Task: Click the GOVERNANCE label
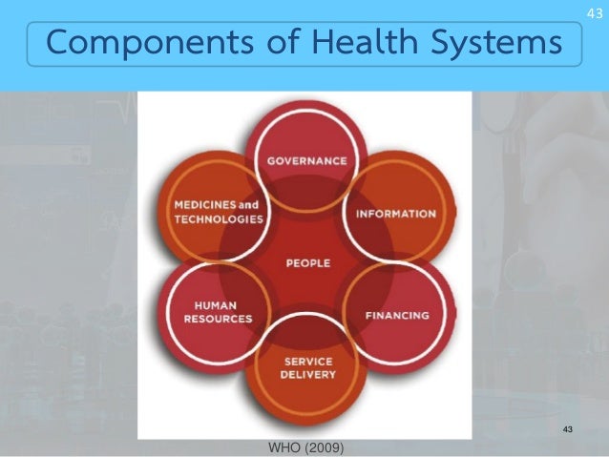[x=306, y=161]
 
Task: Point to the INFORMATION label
[x=396, y=214]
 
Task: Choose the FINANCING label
[x=398, y=314]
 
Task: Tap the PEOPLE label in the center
[x=307, y=263]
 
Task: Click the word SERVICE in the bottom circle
[x=307, y=362]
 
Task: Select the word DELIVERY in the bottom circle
[x=307, y=375]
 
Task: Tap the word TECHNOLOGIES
[x=219, y=218]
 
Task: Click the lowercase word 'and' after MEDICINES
[x=249, y=205]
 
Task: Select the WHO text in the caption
[x=284, y=447]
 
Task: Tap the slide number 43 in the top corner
[x=595, y=11]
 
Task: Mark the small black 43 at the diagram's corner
[x=568, y=430]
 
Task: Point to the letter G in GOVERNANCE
[x=272, y=161]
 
